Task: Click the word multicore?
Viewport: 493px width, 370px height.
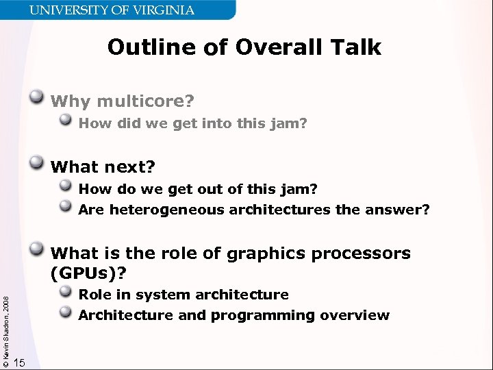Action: coord(145,102)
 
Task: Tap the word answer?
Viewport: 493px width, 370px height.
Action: coord(400,210)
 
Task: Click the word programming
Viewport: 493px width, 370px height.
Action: coord(263,316)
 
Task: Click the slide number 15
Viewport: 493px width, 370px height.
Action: coord(20,362)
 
